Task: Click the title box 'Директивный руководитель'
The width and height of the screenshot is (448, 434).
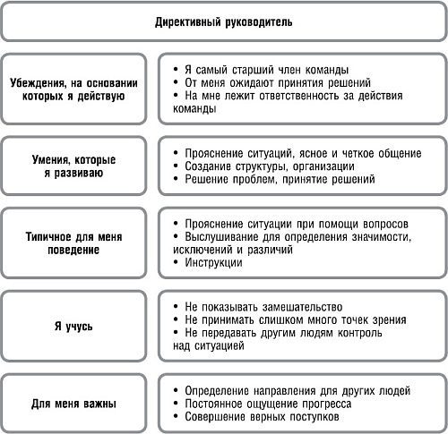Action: tap(223, 20)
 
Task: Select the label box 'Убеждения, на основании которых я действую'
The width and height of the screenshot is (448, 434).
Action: tap(73, 89)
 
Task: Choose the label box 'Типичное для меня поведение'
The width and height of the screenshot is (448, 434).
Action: tap(73, 242)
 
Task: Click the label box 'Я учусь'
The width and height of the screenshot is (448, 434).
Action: tap(73, 320)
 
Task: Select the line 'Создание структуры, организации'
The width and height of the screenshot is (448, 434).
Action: tap(269, 166)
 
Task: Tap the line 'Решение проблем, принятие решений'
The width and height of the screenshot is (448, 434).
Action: tap(279, 179)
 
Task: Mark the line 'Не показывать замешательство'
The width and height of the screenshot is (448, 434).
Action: tap(266, 307)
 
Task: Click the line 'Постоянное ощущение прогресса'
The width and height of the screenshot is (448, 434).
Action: tap(270, 404)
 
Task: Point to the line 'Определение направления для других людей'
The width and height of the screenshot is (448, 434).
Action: tap(297, 391)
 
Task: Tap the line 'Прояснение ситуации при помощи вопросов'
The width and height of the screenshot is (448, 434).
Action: tap(296, 223)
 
